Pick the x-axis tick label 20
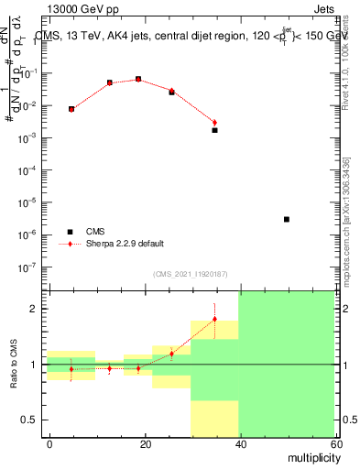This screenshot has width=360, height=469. click(145, 442)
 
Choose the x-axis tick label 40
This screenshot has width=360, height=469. click(239, 442)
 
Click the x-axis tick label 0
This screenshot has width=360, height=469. click(49, 442)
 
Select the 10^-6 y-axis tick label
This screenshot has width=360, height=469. click(33, 235)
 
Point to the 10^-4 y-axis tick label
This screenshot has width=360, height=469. click(33, 170)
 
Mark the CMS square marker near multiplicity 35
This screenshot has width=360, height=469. click(214, 130)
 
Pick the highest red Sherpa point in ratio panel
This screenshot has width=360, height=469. click(214, 319)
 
